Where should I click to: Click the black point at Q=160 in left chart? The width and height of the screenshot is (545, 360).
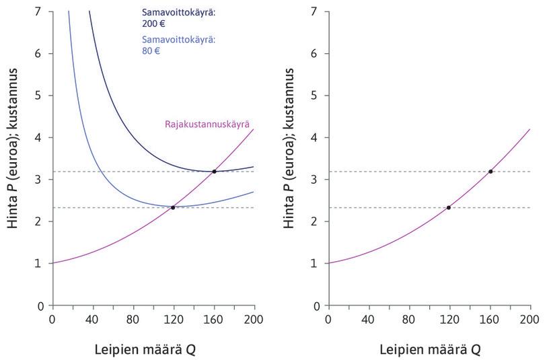click(214, 172)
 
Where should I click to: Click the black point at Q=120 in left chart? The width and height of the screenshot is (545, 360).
click(173, 207)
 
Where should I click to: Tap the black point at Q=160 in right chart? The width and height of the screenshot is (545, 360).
click(490, 172)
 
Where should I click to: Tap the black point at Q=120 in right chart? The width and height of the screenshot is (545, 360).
click(449, 207)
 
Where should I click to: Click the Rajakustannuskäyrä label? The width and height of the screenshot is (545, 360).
click(207, 124)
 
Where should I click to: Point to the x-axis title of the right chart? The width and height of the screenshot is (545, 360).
click(430, 349)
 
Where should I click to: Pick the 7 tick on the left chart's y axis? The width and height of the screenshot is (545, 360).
click(38, 11)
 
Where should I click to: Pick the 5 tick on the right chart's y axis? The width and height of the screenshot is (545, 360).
click(314, 96)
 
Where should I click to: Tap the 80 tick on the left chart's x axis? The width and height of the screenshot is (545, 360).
click(133, 318)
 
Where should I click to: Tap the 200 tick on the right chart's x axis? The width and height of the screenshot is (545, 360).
click(530, 318)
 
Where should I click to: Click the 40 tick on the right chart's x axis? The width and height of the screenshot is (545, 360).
click(368, 318)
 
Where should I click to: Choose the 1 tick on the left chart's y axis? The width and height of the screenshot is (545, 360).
click(38, 263)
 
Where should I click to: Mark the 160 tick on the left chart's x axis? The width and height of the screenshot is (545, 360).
click(214, 318)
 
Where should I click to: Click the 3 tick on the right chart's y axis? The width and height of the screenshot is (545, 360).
click(314, 180)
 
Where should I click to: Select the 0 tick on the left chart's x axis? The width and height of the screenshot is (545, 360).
click(52, 318)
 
